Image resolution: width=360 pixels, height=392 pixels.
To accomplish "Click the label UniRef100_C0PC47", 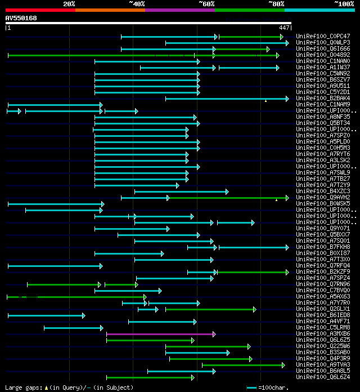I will click(x=322, y=37).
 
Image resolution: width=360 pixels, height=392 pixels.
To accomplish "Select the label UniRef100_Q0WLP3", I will click(x=322, y=43).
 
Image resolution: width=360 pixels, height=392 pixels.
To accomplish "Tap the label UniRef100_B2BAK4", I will click(x=322, y=99).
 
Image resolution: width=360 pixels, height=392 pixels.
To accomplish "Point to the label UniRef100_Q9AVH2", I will click(x=322, y=198).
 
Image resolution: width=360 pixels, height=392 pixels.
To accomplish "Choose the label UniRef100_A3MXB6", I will click(x=322, y=334).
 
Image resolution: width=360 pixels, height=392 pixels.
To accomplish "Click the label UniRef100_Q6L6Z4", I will click(x=322, y=377).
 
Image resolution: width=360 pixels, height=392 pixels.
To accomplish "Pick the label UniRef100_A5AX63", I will click(x=322, y=297).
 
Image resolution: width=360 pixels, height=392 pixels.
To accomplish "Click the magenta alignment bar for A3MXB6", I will click(x=160, y=334).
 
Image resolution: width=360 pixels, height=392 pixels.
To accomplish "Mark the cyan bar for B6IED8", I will click(x=46, y=315).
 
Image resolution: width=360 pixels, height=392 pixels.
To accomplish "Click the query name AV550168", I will click(x=21, y=19).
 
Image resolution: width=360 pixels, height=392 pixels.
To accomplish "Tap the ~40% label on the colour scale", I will click(x=137, y=4).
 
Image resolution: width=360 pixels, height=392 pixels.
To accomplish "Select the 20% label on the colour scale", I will click(x=69, y=4).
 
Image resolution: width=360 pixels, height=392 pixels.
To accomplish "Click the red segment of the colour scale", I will click(x=40, y=10).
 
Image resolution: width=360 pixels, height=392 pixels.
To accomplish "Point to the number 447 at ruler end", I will click(x=284, y=28).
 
